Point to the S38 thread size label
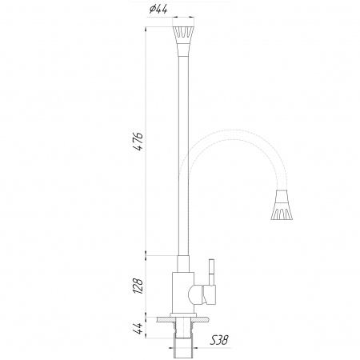218,340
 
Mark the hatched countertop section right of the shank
201,320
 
